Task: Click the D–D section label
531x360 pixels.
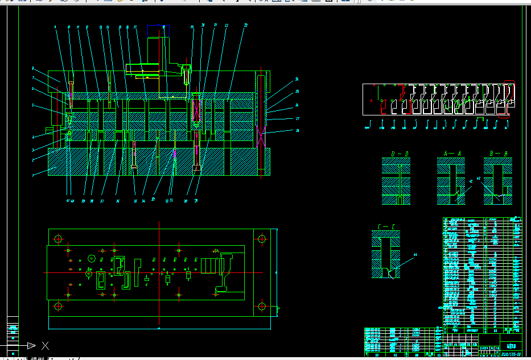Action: tap(400, 154)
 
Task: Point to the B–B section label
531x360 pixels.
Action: tap(497, 154)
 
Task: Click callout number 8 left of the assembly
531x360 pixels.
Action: tap(33, 69)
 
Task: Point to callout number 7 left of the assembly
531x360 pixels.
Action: tap(33, 78)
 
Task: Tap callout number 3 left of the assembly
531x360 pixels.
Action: tap(33, 150)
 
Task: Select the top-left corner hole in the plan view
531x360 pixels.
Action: tap(57, 238)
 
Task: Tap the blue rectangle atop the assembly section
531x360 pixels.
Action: tap(164, 27)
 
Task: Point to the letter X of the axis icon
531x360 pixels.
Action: tap(46, 345)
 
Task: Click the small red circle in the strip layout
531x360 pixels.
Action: tap(371, 101)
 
